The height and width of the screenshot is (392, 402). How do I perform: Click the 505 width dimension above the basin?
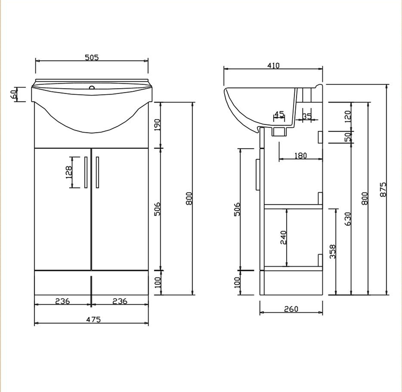92,58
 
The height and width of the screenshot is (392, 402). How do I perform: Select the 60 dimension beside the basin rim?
13,94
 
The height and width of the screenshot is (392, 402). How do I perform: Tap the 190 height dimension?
157,125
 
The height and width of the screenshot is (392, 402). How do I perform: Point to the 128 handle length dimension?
69,172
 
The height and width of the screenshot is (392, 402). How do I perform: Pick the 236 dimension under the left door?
62,301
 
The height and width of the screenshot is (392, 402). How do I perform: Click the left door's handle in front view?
86,172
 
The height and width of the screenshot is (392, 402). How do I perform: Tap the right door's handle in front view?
98,172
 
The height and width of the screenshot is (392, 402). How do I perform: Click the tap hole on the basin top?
92,87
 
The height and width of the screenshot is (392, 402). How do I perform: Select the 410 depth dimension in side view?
273,66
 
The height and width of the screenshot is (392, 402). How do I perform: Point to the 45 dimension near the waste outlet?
279,114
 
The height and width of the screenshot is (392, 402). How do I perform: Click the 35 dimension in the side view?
307,116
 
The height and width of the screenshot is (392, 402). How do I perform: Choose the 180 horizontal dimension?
300,155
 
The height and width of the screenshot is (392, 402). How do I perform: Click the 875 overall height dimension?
383,189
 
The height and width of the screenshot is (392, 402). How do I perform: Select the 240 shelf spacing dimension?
283,237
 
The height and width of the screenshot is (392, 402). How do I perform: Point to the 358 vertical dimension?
332,252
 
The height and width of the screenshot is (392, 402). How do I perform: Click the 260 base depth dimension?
291,309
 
